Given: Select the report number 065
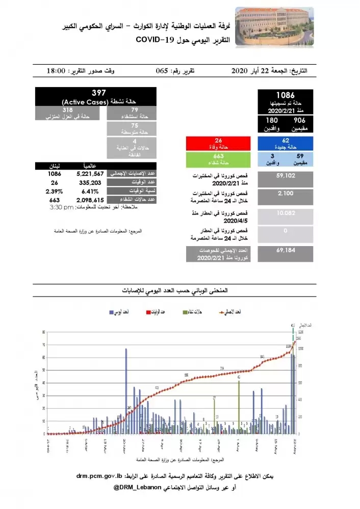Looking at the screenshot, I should tap(165, 71).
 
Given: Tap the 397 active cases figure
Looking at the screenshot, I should tap(98, 93).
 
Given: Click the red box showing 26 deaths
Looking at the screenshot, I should tap(219, 142).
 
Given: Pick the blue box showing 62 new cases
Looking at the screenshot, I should tap(285, 142).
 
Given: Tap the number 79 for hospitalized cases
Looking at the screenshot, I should tap(135, 110).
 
